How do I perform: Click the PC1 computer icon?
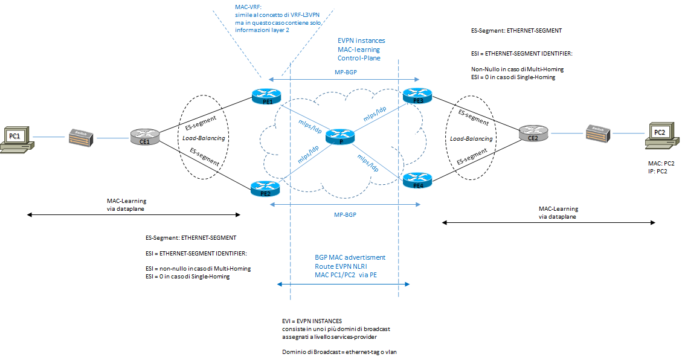tap(15, 138)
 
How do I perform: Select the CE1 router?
tap(143, 138)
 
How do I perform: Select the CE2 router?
tap(533, 135)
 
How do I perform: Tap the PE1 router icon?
tap(266, 97)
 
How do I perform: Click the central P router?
tap(339, 137)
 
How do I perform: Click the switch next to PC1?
tap(80, 138)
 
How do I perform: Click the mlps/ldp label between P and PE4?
tap(368, 161)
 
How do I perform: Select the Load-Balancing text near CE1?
tap(204, 138)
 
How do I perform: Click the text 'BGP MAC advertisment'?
tap(350, 257)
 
